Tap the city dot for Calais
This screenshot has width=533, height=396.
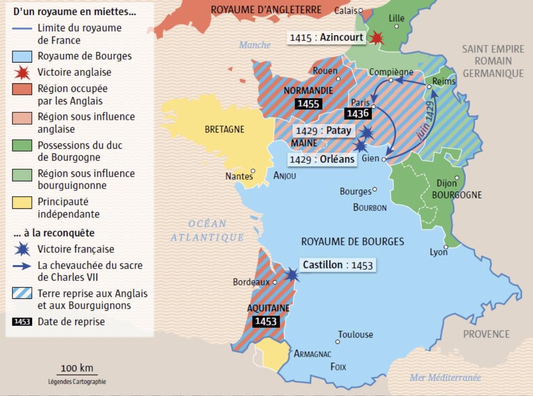(x=360, y=10)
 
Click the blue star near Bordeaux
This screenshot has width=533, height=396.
(x=291, y=274)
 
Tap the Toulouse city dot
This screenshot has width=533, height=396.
(x=338, y=342)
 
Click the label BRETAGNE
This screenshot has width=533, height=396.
(x=224, y=129)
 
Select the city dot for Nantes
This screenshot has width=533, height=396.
(x=253, y=171)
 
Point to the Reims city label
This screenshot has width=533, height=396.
(x=444, y=81)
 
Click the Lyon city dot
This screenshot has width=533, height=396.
(x=446, y=246)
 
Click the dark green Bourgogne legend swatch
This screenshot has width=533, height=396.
(x=22, y=145)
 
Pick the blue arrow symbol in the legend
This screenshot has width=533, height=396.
(x=22, y=266)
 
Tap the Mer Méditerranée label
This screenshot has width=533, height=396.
(x=445, y=378)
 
